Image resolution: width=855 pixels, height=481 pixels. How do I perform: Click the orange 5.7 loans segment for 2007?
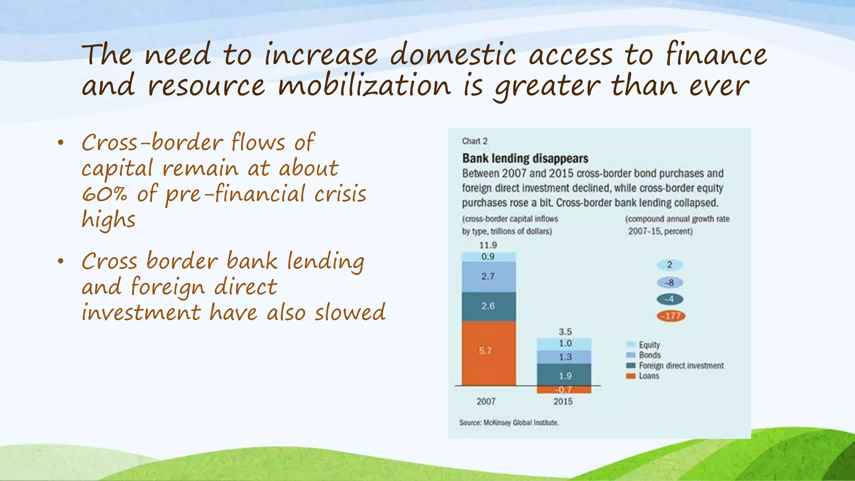pyautogui.click(x=488, y=353)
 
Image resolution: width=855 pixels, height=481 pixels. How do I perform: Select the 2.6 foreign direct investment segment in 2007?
pyautogui.click(x=488, y=306)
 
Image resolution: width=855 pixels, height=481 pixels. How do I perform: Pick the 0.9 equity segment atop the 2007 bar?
pyautogui.click(x=488, y=257)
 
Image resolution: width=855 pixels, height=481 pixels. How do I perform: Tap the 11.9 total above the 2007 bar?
pyautogui.click(x=488, y=245)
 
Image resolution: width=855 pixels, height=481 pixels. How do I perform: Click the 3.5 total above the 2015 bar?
pyautogui.click(x=565, y=332)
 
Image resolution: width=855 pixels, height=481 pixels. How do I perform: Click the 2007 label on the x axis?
pyautogui.click(x=486, y=401)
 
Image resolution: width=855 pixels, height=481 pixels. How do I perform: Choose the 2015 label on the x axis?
pyautogui.click(x=563, y=401)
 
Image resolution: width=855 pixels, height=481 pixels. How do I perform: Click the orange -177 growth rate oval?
pyautogui.click(x=671, y=316)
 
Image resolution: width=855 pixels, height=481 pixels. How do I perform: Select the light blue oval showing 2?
pyautogui.click(x=670, y=265)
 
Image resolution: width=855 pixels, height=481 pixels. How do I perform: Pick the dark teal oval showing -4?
pyautogui.click(x=670, y=299)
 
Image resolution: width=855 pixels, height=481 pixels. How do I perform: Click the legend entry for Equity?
pyautogui.click(x=649, y=345)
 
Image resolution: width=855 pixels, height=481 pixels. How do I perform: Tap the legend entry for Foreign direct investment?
pyautogui.click(x=680, y=366)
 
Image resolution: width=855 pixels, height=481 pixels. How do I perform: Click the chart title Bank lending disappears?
pyautogui.click(x=525, y=159)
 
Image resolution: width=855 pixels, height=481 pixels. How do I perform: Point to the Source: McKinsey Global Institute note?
pyautogui.click(x=509, y=423)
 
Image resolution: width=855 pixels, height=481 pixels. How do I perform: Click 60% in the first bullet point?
pyautogui.click(x=104, y=194)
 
